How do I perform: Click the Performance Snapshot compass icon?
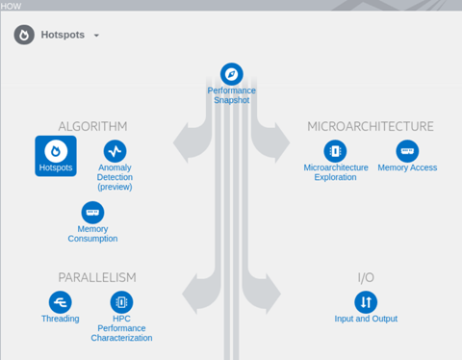[x=231, y=73]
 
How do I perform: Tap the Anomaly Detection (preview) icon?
[x=115, y=151]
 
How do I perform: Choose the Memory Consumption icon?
[x=92, y=212]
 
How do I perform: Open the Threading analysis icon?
[x=60, y=302]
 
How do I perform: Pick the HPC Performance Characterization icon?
[x=121, y=302]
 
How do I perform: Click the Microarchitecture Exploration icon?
[x=335, y=151]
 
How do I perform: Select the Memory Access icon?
[x=407, y=151]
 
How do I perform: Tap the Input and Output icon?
[x=366, y=302]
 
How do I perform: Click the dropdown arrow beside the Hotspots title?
[x=96, y=36]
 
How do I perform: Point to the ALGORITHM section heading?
[x=92, y=126]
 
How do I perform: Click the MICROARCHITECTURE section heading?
[x=370, y=126]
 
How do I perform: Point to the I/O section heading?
[x=366, y=277]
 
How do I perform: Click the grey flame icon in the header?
[x=24, y=36]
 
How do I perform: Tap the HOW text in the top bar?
[x=12, y=5]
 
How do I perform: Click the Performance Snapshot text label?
[x=232, y=96]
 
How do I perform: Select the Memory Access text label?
[x=407, y=167]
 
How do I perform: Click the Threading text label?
[x=60, y=319]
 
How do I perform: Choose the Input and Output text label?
[x=366, y=319]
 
